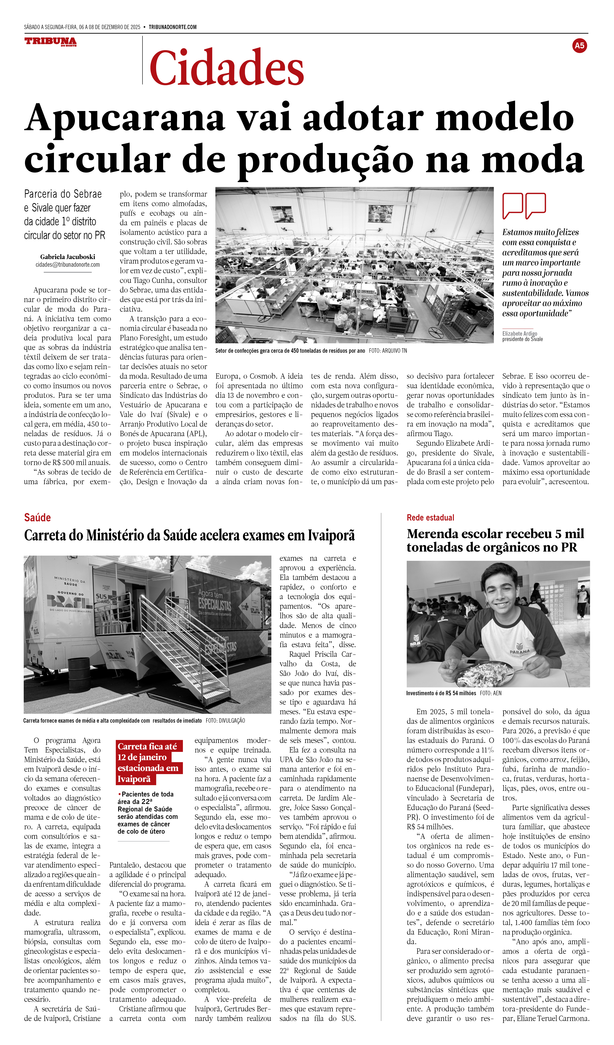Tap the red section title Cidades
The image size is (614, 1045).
227,68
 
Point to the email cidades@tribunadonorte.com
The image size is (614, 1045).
68,265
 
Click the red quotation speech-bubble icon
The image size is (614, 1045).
524,205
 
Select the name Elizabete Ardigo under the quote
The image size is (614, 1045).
519,333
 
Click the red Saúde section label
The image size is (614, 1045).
37,517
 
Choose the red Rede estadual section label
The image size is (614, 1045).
430,517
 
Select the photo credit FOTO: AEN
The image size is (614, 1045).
490,693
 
